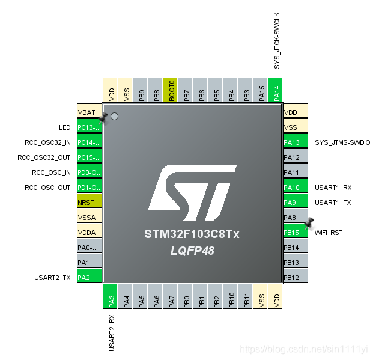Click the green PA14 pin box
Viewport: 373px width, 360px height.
[x=275, y=90]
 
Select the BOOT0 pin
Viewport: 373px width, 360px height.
[x=170, y=90]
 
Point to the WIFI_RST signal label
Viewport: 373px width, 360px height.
[x=329, y=233]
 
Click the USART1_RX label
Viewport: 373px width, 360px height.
[x=333, y=188]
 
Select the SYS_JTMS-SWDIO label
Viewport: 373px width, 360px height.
[x=342, y=142]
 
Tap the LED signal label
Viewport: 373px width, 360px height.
[x=65, y=127]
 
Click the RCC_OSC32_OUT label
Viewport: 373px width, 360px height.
[x=44, y=157]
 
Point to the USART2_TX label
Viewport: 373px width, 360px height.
[x=52, y=278]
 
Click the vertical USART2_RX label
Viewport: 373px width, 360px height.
[x=112, y=333]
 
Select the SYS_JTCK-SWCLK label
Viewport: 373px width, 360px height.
[x=277, y=41]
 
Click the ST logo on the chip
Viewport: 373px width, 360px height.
[x=192, y=193]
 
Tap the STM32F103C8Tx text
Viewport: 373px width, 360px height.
[x=192, y=234]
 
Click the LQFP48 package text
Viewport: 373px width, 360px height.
[x=192, y=251]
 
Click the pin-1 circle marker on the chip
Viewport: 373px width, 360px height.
[x=114, y=116]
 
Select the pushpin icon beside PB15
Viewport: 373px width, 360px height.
[x=309, y=223]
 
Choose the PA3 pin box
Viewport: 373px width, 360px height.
[x=110, y=296]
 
